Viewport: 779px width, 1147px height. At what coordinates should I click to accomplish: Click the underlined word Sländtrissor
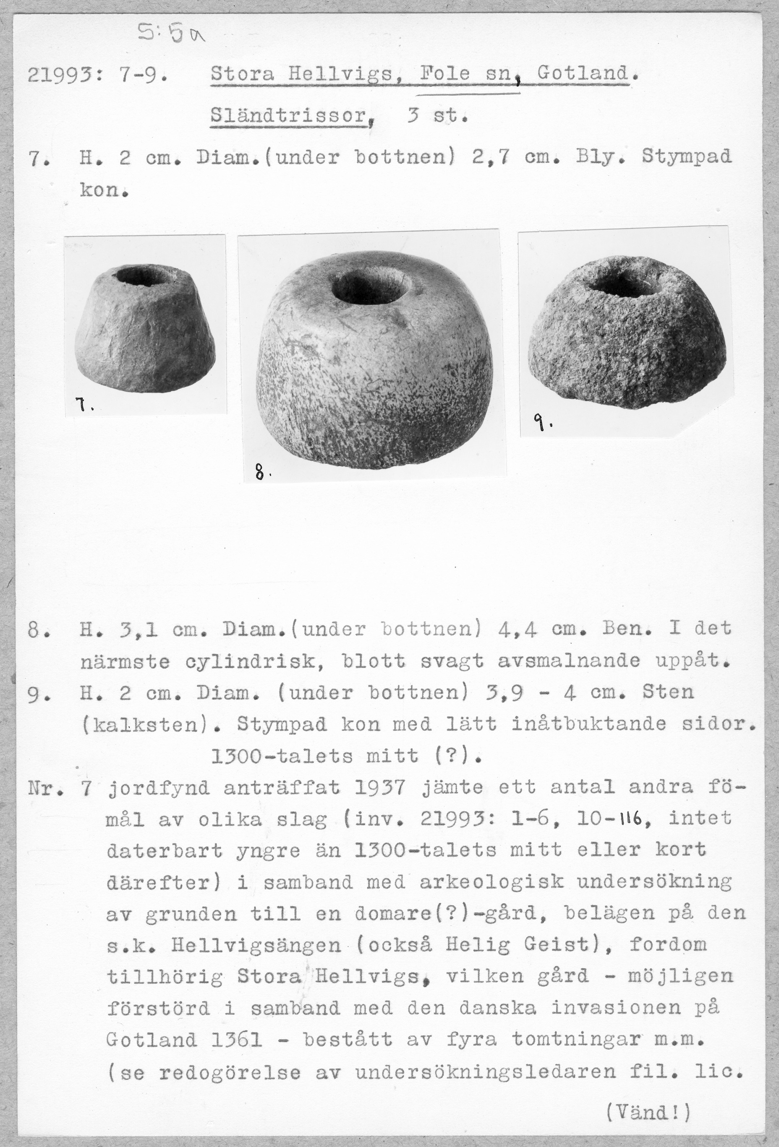[288, 117]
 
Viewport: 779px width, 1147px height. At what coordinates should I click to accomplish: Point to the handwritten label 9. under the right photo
[542, 424]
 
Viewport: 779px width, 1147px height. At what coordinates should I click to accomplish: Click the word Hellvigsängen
[256, 946]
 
